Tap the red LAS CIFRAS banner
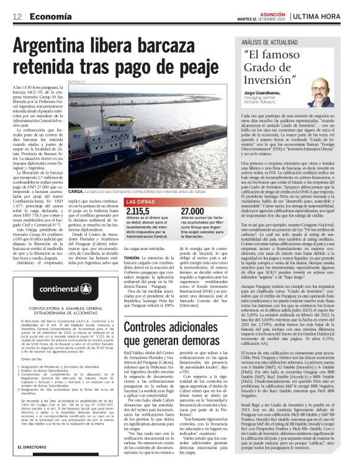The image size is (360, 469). click(x=142, y=202)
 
